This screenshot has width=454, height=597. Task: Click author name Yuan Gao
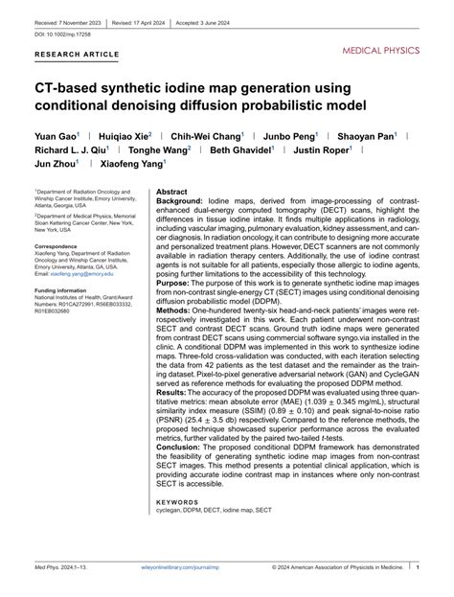point(57,136)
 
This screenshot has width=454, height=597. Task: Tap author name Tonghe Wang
point(160,149)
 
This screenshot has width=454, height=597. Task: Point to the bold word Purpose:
point(174,284)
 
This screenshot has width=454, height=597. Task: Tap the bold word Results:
point(173,393)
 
